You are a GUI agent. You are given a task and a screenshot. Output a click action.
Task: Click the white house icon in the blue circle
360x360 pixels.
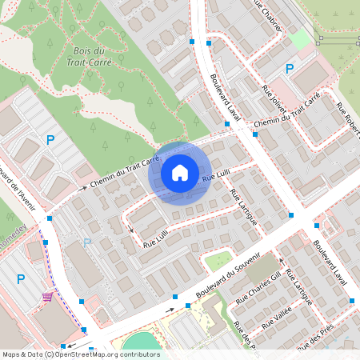(x=180, y=172)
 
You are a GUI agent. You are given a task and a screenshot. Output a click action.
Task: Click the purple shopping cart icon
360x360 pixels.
(x=48, y=296)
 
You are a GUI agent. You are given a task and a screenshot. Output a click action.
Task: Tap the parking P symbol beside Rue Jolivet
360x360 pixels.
(x=290, y=69)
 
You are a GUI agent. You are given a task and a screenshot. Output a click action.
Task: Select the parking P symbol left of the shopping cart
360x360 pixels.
(x=21, y=279)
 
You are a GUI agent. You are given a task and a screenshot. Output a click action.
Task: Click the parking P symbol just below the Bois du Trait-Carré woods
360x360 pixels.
(x=50, y=140)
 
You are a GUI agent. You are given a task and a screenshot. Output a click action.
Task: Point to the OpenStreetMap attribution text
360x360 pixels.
(x=80, y=354)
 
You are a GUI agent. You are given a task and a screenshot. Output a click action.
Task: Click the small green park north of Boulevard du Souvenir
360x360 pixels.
(x=218, y=261)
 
